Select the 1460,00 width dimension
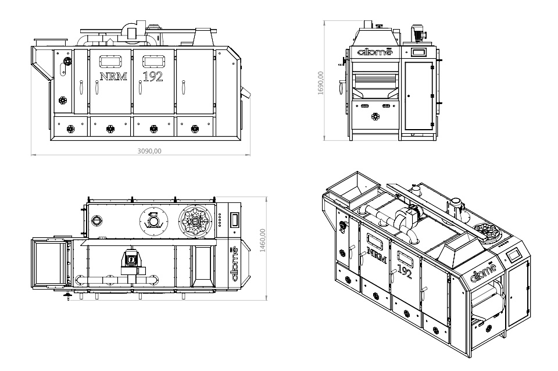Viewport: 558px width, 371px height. click(x=263, y=238)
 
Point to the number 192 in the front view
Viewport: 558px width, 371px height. click(x=153, y=76)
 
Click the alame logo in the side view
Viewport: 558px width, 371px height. click(x=375, y=52)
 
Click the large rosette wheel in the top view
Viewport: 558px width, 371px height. click(x=195, y=221)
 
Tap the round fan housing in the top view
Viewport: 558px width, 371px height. click(x=153, y=220)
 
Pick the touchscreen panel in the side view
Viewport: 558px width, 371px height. click(x=418, y=52)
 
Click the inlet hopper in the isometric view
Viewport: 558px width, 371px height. click(x=349, y=188)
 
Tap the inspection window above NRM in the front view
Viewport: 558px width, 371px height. click(x=109, y=60)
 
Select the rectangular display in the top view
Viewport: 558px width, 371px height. click(x=235, y=219)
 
